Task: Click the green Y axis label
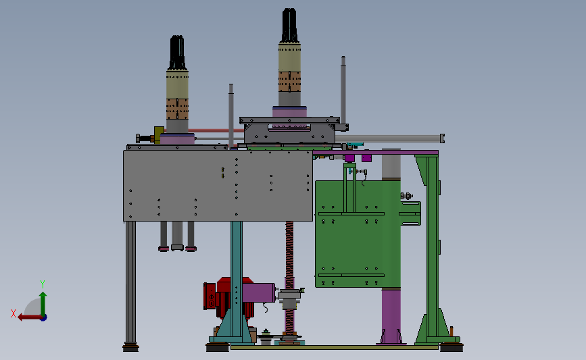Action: pyautogui.click(x=43, y=284)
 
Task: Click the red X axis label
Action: pyautogui.click(x=14, y=313)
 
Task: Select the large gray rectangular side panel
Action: pyautogui.click(x=218, y=186)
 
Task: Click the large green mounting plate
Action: pyautogui.click(x=358, y=234)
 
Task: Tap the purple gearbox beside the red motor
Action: pyautogui.click(x=259, y=292)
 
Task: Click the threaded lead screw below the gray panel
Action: pyautogui.click(x=290, y=277)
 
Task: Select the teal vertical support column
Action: pyautogui.click(x=236, y=280)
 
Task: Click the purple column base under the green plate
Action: pyautogui.click(x=391, y=315)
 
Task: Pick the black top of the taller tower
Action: pyautogui.click(x=290, y=25)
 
